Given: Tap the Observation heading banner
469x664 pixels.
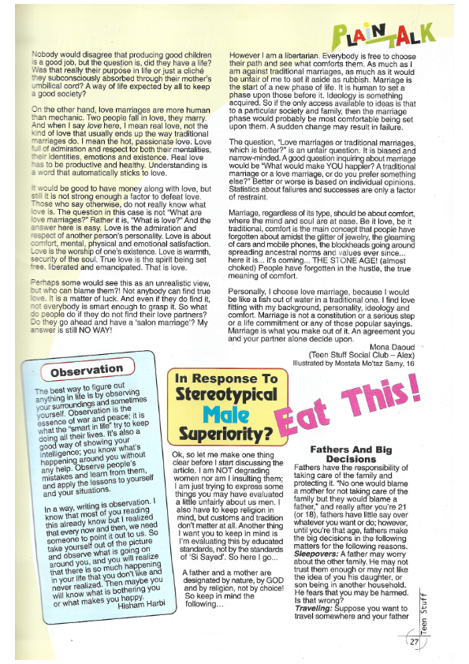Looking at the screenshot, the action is [86, 369].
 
